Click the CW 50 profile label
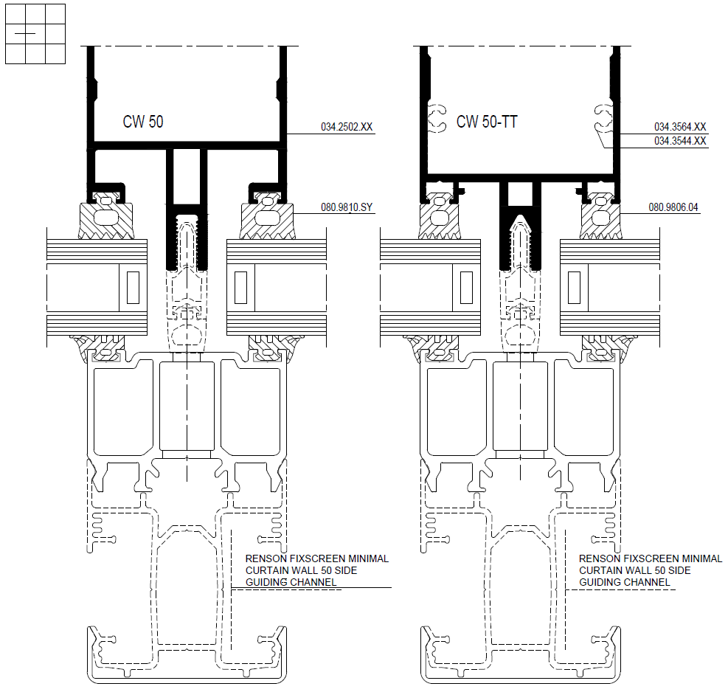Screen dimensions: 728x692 [x=143, y=122]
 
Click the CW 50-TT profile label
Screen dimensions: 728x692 [x=487, y=122]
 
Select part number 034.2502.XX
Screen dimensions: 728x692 [x=347, y=127]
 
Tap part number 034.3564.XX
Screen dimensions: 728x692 [x=680, y=127]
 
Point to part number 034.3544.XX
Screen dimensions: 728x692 [x=680, y=141]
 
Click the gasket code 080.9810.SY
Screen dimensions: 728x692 [x=347, y=207]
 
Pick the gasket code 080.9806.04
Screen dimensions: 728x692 [x=673, y=207]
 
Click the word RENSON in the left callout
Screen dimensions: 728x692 [x=263, y=558]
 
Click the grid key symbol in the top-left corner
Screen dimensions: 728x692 [x=35, y=34]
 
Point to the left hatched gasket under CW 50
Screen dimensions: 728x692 [x=106, y=220]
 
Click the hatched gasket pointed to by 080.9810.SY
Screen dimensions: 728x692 [x=267, y=220]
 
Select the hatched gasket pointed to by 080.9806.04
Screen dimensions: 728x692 [x=600, y=220]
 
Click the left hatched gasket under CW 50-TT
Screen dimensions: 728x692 [x=440, y=220]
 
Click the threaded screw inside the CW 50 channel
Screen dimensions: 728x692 [x=187, y=244]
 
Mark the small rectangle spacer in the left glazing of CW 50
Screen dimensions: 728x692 [x=134, y=288]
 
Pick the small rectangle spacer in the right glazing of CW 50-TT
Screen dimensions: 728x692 [x=575, y=288]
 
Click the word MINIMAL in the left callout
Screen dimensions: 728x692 [x=369, y=558]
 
